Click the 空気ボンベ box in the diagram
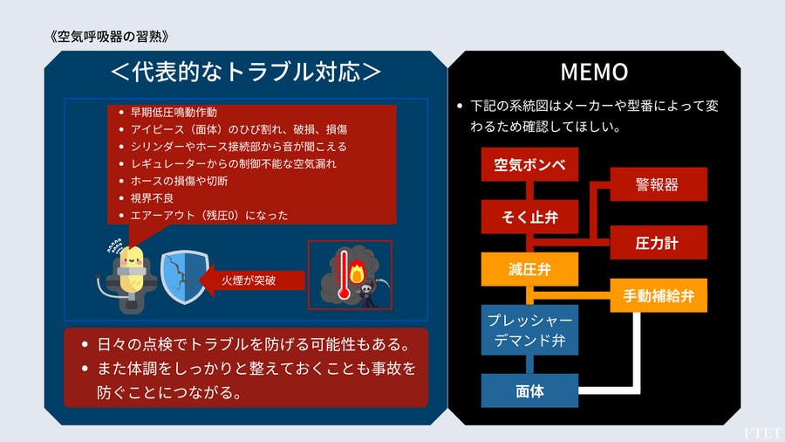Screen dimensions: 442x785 tap(529, 164)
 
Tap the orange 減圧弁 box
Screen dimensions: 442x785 tap(529, 268)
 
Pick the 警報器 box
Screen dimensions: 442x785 tap(658, 184)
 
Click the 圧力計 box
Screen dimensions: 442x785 tap(658, 243)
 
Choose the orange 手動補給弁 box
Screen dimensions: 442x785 tap(658, 295)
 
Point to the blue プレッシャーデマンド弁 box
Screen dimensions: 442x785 tap(529, 329)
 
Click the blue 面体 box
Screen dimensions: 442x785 tap(529, 390)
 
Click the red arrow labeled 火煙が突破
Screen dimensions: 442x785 tap(254, 280)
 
